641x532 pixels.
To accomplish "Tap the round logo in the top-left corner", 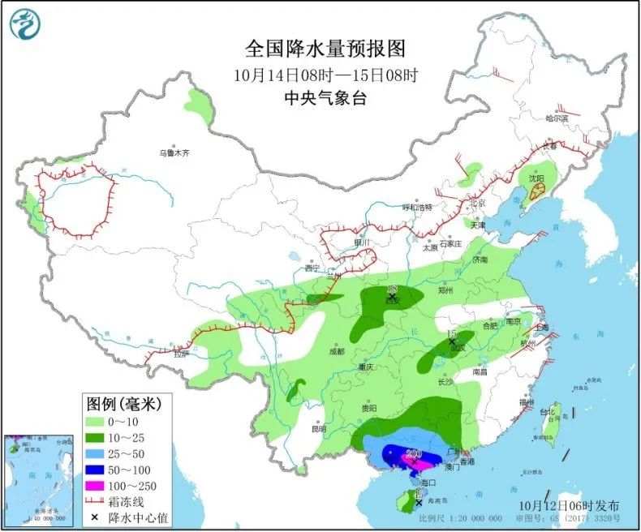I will click(x=26, y=24).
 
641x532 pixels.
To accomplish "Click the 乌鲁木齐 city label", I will click(x=174, y=152).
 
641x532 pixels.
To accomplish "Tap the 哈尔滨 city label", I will click(x=557, y=118).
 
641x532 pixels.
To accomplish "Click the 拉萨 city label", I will click(x=180, y=354).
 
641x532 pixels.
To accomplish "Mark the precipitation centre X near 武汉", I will click(x=452, y=342).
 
